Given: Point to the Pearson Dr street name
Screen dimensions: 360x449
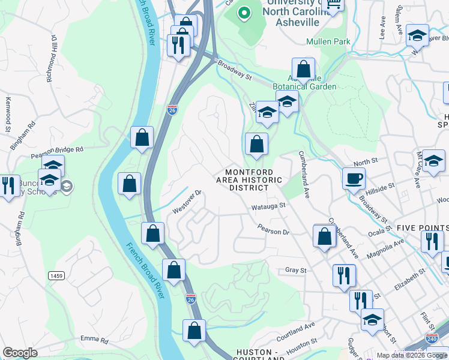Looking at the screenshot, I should tap(273, 229).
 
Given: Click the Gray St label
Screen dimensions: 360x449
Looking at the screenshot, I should tap(296, 271).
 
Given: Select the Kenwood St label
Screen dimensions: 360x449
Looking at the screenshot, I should tap(8, 115).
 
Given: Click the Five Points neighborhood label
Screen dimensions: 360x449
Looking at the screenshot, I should tap(422, 228).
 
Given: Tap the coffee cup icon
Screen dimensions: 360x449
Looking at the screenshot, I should tap(354, 178).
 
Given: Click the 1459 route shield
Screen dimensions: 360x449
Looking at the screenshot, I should tap(57, 275).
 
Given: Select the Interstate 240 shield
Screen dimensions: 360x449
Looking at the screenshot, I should tap(430, 338).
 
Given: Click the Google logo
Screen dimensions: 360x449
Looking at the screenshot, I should tap(20, 353).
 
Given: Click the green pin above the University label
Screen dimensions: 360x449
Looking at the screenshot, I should tap(244, 13).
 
